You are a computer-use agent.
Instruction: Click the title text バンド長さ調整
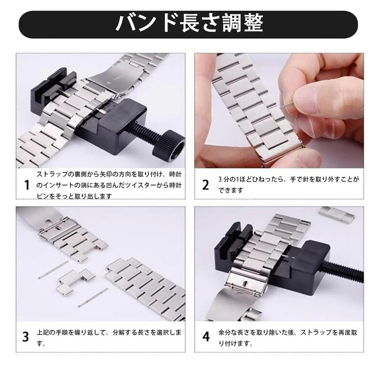coord(189,24)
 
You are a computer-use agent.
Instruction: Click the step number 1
coord(26,185)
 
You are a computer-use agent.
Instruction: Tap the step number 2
coord(205,185)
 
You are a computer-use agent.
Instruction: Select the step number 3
coord(26,337)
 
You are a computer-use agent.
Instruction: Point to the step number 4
coord(206,337)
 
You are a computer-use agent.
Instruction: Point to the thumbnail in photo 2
coord(307,98)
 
